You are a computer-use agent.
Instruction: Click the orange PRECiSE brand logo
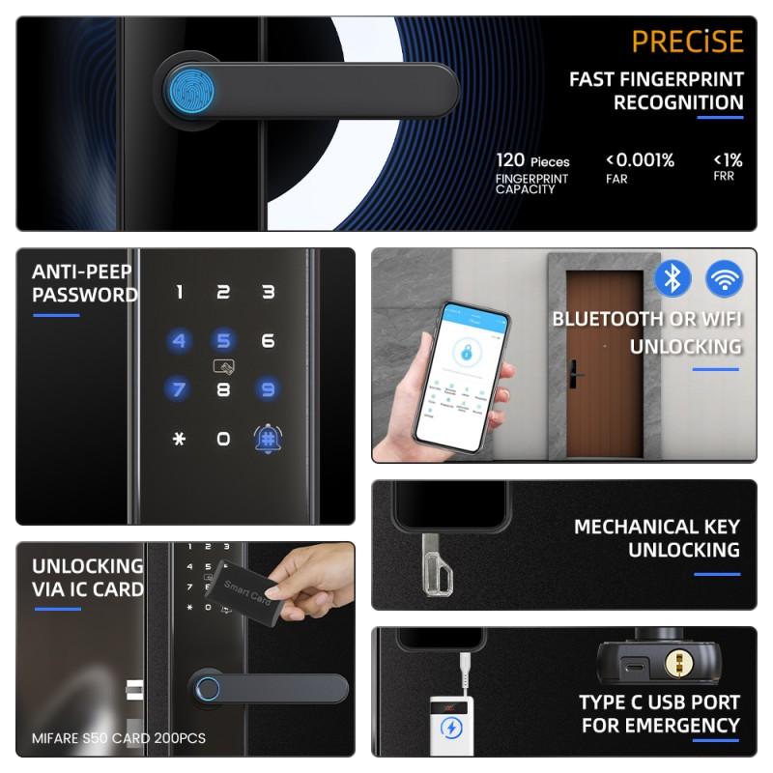tap(687, 42)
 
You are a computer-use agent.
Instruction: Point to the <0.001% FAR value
tap(640, 160)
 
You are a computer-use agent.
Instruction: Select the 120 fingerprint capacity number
tap(510, 160)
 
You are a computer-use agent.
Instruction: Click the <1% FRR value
tap(728, 160)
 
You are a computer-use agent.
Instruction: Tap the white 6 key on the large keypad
tap(269, 341)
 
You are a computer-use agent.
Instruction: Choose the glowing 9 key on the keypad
tap(268, 389)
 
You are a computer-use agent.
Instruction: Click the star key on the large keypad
tap(180, 439)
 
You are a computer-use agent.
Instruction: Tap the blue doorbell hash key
tap(268, 439)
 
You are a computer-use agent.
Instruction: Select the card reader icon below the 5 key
tap(224, 366)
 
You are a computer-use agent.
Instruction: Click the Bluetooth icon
tap(673, 278)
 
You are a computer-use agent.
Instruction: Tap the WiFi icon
tap(724, 278)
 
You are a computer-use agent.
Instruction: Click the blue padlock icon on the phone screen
tap(466, 351)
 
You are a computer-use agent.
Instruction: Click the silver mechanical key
tap(437, 565)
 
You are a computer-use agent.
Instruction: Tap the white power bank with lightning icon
tap(451, 726)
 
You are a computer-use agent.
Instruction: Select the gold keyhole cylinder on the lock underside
tap(679, 663)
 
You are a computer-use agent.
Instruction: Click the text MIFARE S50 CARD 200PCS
tap(118, 738)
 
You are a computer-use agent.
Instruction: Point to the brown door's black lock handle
tap(575, 374)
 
